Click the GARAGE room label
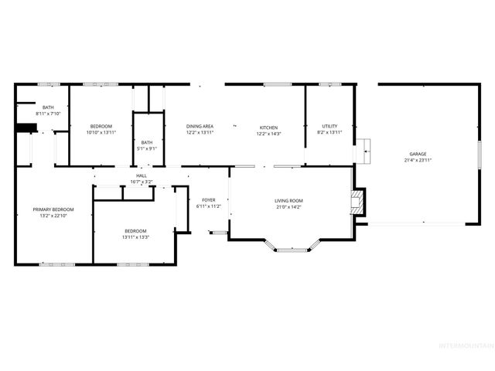(418, 154)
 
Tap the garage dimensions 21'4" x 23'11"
(418, 160)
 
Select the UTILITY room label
(330, 127)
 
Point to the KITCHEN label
(268, 127)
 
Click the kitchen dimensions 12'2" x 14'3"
(268, 133)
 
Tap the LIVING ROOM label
(288, 201)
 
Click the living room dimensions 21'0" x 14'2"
(288, 207)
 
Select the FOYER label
(208, 200)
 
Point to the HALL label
(142, 175)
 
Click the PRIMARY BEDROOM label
(53, 209)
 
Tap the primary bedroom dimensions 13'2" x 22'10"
(53, 216)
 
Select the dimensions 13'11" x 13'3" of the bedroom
(135, 237)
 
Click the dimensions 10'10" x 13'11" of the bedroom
(101, 132)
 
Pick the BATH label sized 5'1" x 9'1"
(147, 141)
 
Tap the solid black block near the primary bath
(26, 129)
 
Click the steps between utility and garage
(363, 151)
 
